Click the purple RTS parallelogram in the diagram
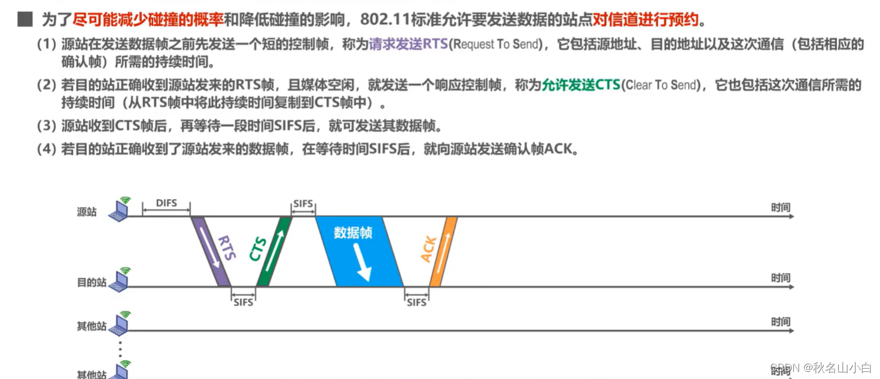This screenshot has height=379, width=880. coord(211,251)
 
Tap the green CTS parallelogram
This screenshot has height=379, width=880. coord(274,251)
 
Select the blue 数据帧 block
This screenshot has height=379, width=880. coord(359,251)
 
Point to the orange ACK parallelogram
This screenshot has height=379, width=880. coord(443,251)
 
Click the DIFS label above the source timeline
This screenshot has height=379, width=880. coord(166,203)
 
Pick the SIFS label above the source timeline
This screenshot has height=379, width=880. coord(303,204)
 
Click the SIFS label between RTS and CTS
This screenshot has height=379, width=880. coord(243,302)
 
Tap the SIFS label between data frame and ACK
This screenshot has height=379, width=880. coord(416,302)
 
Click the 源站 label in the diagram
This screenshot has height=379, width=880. coord(87,212)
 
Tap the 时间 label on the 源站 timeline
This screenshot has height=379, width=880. coord(781,207)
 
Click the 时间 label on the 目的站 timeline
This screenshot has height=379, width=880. coord(781,278)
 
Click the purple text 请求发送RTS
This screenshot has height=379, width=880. coord(409,44)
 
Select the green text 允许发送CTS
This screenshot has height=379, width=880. coord(581,85)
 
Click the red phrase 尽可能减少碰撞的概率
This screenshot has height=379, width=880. coord(148,20)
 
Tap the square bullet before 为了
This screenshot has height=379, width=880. coord(25,20)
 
